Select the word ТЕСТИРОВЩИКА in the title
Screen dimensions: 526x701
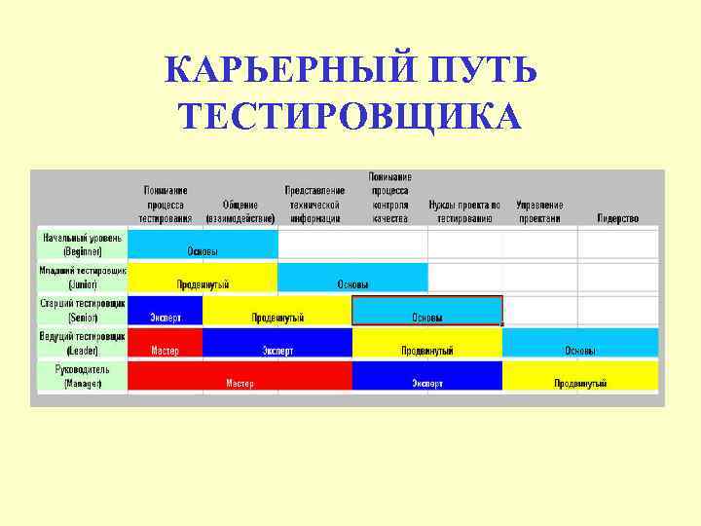[350, 116]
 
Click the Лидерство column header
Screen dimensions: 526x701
[617, 218]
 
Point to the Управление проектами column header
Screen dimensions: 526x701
[539, 211]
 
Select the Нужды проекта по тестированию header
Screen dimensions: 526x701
[464, 211]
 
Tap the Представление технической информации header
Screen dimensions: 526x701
[314, 205]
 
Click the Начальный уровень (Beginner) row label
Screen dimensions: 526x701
[82, 244]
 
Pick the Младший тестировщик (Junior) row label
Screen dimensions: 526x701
[82, 277]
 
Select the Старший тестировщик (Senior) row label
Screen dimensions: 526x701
[82, 310]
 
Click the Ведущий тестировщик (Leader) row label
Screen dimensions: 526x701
[82, 343]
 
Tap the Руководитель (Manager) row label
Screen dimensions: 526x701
[82, 376]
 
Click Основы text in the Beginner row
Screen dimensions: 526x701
[203, 251]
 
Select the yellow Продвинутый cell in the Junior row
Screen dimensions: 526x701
[203, 284]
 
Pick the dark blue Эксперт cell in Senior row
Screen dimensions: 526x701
[165, 318]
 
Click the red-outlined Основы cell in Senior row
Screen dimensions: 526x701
[426, 318]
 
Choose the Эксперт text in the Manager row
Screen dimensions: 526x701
[426, 384]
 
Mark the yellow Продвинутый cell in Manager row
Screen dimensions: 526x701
[580, 384]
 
